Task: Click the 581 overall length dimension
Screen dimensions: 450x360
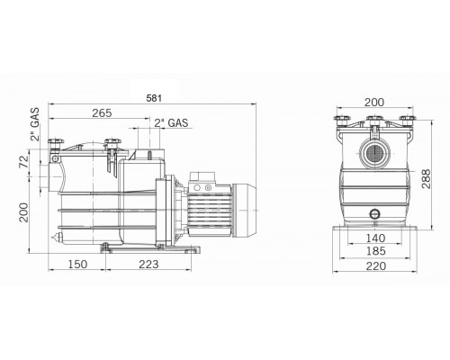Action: pyautogui.click(x=154, y=98)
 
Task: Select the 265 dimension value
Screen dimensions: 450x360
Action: pyautogui.click(x=102, y=113)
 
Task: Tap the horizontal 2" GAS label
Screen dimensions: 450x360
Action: pyautogui.click(x=171, y=123)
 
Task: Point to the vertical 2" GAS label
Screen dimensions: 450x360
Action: pyautogui.click(x=35, y=124)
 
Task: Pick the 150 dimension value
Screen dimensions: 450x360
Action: pyautogui.click(x=77, y=265)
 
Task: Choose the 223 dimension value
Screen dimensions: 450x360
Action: pyautogui.click(x=148, y=265)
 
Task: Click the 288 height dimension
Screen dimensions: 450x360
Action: pyautogui.click(x=426, y=179)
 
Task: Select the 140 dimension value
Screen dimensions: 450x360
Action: pyautogui.click(x=375, y=238)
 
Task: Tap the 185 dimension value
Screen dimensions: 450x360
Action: pyautogui.click(x=375, y=251)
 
